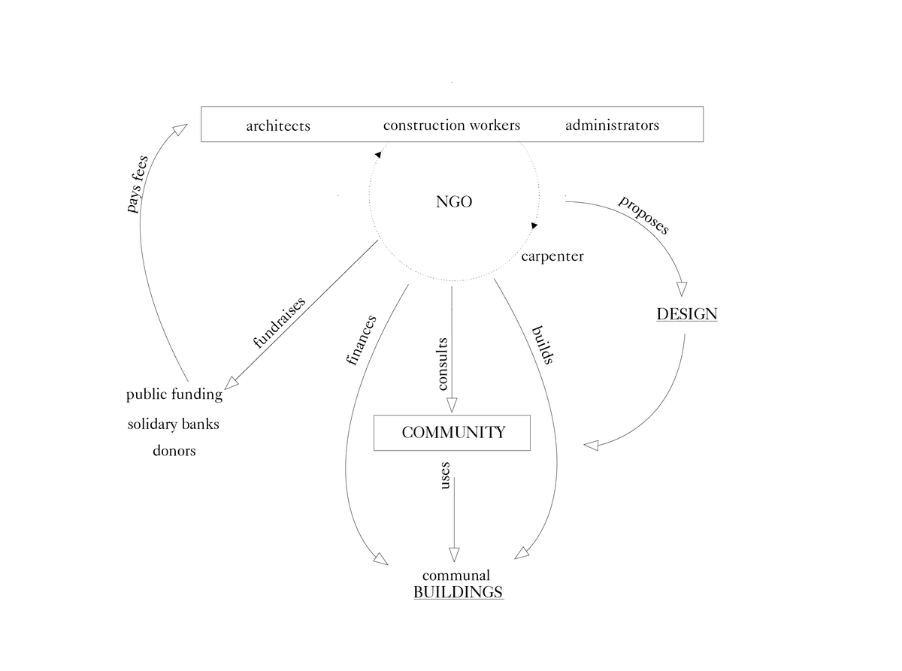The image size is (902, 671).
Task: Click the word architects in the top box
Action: [x=278, y=125]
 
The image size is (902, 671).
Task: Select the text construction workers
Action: [x=451, y=125]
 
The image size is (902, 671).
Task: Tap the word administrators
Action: [x=612, y=125]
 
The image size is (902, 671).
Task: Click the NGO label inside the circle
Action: [x=454, y=201]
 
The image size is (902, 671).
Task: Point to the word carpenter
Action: [x=552, y=256]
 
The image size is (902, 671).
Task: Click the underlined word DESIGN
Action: [x=686, y=314]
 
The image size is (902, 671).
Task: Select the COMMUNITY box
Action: [x=452, y=433]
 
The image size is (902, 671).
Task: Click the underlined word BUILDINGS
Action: [x=458, y=592]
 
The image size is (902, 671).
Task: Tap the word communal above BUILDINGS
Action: [x=456, y=576]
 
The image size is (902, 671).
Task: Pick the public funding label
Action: [x=174, y=394]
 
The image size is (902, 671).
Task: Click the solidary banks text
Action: [x=174, y=424]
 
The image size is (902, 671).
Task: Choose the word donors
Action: [x=174, y=451]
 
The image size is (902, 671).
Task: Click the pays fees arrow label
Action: [x=138, y=183]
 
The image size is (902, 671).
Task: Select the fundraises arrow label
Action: [x=279, y=323]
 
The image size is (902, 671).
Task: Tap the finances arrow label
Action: [x=362, y=340]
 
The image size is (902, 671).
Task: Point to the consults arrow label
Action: [x=443, y=364]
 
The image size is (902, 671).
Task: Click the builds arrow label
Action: [x=542, y=345]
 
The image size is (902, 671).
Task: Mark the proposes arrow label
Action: [x=643, y=215]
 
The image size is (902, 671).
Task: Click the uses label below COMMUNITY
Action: [x=444, y=476]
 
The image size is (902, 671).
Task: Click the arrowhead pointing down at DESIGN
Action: [x=682, y=289]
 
